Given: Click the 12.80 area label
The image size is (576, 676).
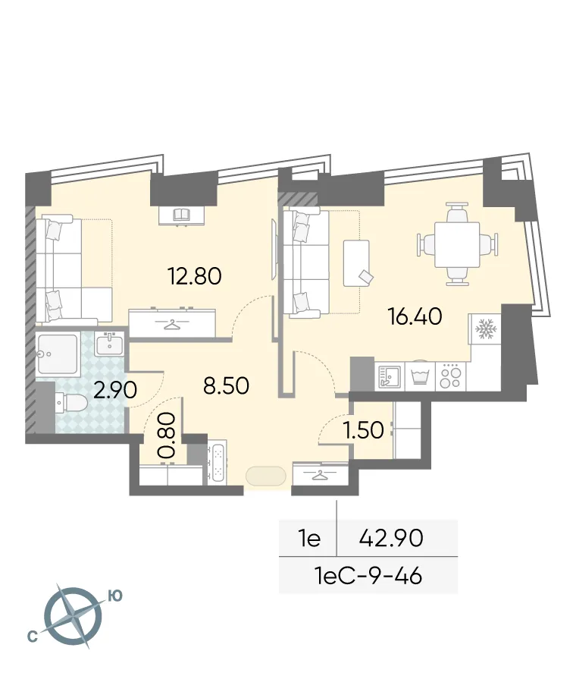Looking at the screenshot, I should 194,275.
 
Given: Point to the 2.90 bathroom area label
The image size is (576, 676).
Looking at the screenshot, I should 114,390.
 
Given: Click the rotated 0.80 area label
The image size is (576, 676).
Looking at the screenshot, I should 167,435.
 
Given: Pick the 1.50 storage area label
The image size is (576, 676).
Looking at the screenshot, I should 363,430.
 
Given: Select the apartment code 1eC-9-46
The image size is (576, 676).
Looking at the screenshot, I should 368,576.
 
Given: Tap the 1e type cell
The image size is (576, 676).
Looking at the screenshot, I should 308,539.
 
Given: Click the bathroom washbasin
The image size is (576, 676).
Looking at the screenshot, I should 111,344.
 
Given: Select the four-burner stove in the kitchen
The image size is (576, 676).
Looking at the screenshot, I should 450,376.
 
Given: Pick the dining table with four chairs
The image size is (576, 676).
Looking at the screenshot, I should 457,244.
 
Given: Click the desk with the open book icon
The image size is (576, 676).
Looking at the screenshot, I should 181,215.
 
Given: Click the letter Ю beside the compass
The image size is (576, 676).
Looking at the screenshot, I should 114,596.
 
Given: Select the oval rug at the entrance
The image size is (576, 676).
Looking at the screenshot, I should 265,476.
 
